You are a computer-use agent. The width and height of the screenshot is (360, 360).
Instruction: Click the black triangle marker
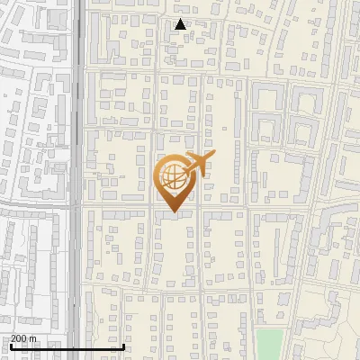[x=181, y=24]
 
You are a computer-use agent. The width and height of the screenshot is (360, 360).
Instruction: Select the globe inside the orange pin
[x=175, y=179]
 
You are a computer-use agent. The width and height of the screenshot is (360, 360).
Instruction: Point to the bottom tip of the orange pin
[x=174, y=212]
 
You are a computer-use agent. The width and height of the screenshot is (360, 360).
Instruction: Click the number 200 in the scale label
[x=20, y=338]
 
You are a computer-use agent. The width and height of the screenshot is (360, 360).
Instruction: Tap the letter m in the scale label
[x=33, y=338]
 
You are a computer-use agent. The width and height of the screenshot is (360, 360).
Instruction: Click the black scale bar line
[x=67, y=346]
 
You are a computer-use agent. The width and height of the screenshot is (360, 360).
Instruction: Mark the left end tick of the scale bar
[x=10, y=345]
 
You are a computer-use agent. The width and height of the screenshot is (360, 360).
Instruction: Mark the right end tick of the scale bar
[x=123, y=345]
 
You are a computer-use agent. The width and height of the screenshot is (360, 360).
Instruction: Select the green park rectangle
[x=268, y=343]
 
